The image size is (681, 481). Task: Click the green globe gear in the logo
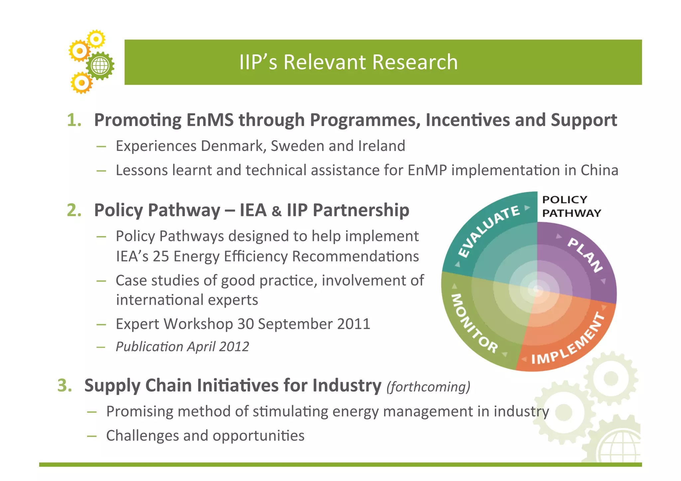[x=100, y=65]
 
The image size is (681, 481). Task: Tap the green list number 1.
[x=74, y=120]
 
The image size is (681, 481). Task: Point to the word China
[x=599, y=170]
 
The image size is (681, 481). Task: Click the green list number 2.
[x=74, y=210]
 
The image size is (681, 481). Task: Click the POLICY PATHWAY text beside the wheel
[x=571, y=206]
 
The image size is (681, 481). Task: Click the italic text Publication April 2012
[x=182, y=347]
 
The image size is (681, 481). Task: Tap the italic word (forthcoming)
[x=428, y=387]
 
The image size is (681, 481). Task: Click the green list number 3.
[x=65, y=386]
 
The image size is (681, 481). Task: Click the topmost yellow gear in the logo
[x=96, y=39]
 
